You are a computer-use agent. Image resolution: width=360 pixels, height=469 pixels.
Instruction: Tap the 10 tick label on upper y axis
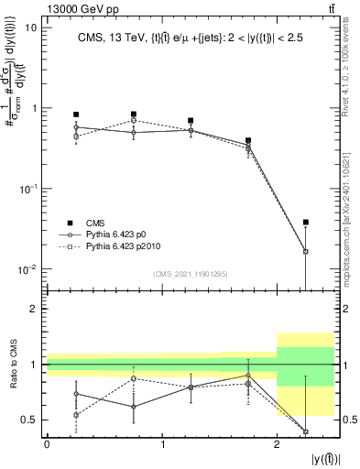tap(31, 27)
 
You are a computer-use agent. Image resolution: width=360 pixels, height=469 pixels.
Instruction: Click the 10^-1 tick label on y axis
tap(28, 189)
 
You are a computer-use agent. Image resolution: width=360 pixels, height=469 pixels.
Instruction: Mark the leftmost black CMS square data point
tap(76, 115)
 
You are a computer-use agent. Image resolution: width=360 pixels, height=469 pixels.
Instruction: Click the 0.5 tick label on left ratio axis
tap(32, 420)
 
